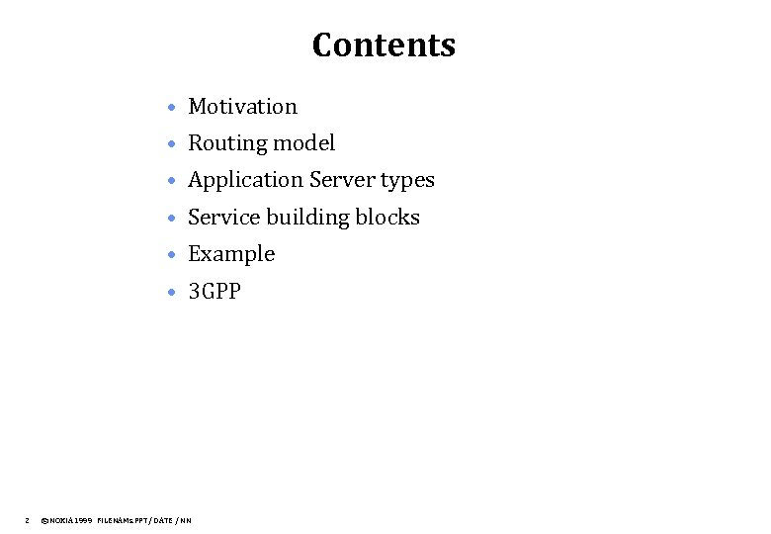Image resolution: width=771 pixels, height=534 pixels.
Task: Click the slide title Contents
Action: (x=384, y=45)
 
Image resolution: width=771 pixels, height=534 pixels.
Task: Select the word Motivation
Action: (x=242, y=106)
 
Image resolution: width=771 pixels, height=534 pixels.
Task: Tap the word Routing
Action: (x=227, y=143)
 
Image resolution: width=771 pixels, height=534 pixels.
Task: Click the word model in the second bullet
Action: (x=303, y=143)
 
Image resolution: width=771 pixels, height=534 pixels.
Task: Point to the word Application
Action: (x=245, y=180)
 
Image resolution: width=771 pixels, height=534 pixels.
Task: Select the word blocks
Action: (x=388, y=218)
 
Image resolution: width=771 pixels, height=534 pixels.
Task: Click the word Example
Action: (x=231, y=254)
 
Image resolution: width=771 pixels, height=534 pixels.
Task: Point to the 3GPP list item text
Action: (x=214, y=292)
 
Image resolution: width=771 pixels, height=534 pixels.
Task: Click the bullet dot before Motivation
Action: (x=172, y=107)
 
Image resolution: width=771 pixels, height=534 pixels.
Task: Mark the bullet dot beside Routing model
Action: (x=172, y=144)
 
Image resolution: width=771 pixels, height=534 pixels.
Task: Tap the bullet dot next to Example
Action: (x=172, y=255)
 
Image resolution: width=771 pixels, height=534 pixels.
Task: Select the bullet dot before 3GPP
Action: (x=172, y=293)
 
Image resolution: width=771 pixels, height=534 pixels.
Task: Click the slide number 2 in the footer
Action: (x=27, y=519)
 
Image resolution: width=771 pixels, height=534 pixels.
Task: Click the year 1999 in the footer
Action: (x=84, y=519)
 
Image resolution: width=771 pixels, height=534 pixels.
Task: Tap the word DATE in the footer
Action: (x=162, y=519)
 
